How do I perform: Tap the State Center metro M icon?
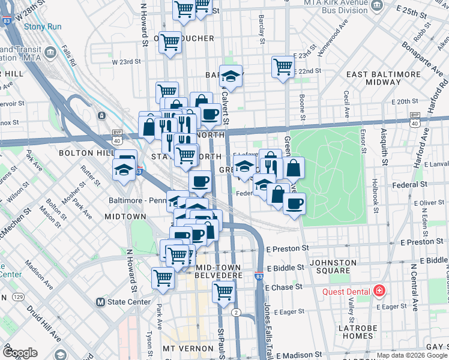point(100,302)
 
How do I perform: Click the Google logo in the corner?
point(20,353)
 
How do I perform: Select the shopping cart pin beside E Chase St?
point(223,292)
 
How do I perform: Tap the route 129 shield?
point(19,297)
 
